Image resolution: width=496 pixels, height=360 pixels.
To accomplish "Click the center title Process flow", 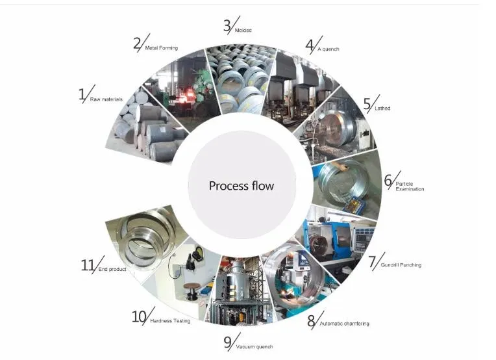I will point(241,186).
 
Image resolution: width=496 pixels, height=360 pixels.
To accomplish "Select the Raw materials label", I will point(104,99).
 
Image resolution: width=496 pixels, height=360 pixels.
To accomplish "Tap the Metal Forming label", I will point(160,48).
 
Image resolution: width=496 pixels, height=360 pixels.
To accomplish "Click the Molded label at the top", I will point(243,31).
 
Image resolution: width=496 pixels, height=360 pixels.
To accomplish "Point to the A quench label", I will point(328,49).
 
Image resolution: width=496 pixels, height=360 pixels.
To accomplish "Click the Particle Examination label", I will point(410,186).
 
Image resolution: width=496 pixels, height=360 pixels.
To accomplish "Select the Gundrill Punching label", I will point(402,265).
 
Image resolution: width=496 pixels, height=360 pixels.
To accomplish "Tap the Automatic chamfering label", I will point(347,323).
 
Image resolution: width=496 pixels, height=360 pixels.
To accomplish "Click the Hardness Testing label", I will point(170,321).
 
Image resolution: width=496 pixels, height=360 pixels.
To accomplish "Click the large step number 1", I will point(82,95).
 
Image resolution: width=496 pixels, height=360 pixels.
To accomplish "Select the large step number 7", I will point(372,263).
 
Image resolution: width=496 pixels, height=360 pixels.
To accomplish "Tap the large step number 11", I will point(88,265).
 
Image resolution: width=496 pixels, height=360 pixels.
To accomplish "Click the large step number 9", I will point(228,342).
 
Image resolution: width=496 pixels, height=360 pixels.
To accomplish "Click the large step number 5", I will point(367,104).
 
